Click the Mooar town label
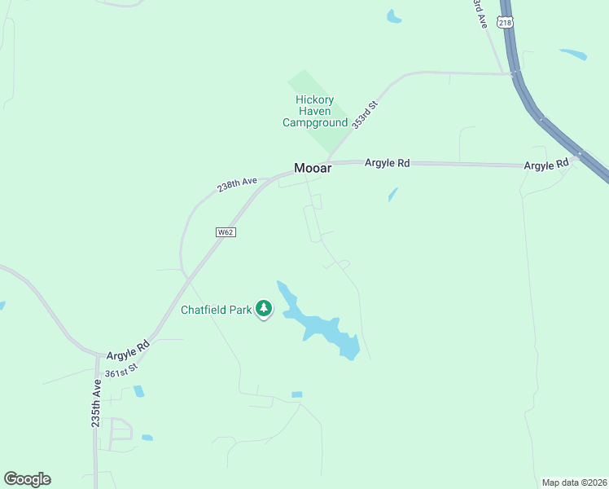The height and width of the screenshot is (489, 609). pos(313,169)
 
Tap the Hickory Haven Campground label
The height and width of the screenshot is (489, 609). pos(315,112)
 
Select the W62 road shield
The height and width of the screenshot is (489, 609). pos(226,232)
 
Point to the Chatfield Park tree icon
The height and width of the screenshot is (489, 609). pos(264,309)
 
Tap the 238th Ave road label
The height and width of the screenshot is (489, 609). pos(237,185)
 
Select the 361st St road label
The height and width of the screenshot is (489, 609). pos(121,372)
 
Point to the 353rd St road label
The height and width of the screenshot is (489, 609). pos(366,113)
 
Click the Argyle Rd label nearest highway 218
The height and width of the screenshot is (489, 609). pos(545,165)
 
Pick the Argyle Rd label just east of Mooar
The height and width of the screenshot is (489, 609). pos(387,163)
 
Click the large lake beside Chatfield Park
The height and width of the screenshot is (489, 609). pos(322,326)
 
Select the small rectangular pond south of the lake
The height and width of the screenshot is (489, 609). pos(296,394)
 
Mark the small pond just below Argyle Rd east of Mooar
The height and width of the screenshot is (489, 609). pos(392,195)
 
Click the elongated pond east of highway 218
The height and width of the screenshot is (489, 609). pos(573,55)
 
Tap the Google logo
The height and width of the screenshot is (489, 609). pos(27,479)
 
